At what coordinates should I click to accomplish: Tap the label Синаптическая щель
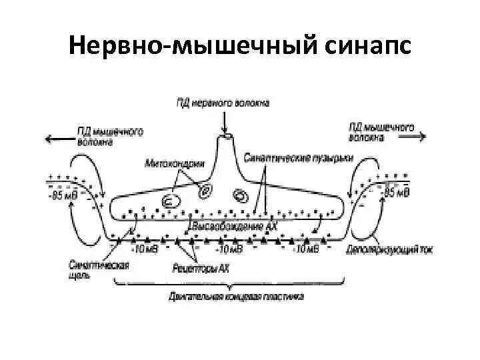coord(99,268)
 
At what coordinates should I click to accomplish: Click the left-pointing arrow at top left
coord(56,138)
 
